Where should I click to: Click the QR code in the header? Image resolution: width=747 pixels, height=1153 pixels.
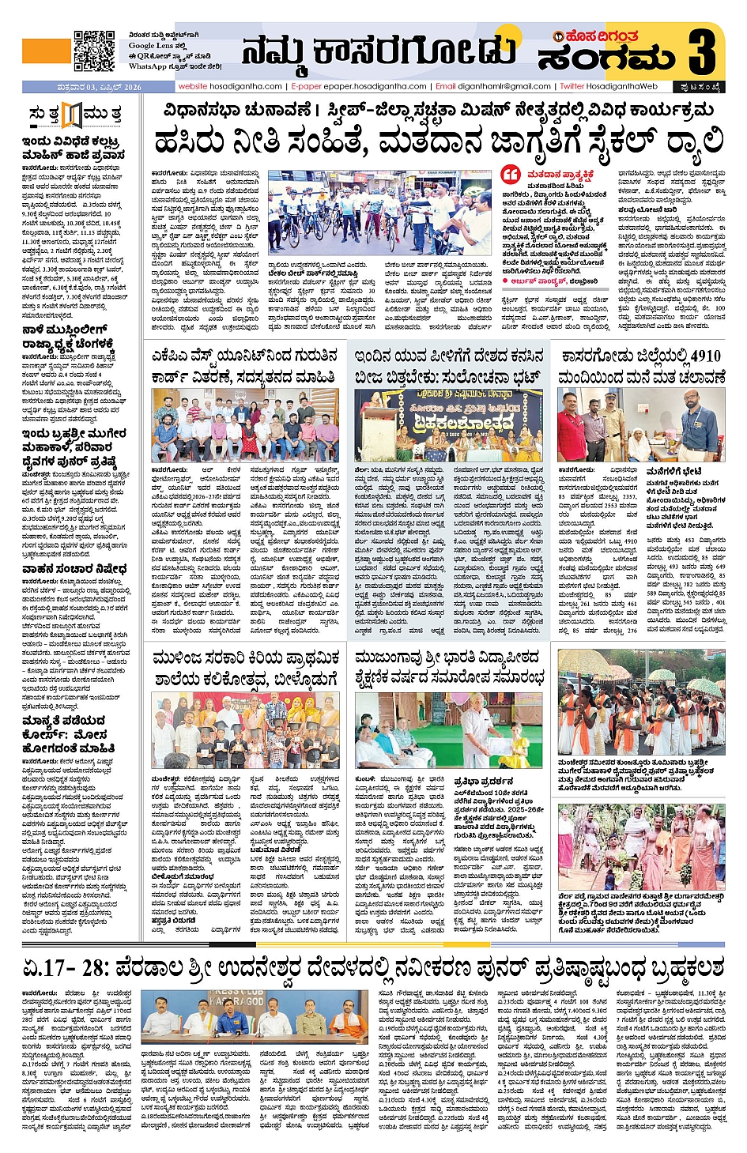pyautogui.click(x=94, y=51)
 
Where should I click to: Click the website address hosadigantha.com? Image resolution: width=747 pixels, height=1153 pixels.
pyautogui.click(x=230, y=86)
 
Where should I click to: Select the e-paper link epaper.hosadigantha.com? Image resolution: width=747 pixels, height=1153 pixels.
pyautogui.click(x=359, y=86)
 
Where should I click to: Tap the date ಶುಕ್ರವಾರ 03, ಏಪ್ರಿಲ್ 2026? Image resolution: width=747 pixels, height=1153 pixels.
pyautogui.click(x=82, y=87)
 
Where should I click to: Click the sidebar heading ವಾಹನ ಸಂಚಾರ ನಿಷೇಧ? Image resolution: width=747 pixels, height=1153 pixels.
pyautogui.click(x=74, y=569)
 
